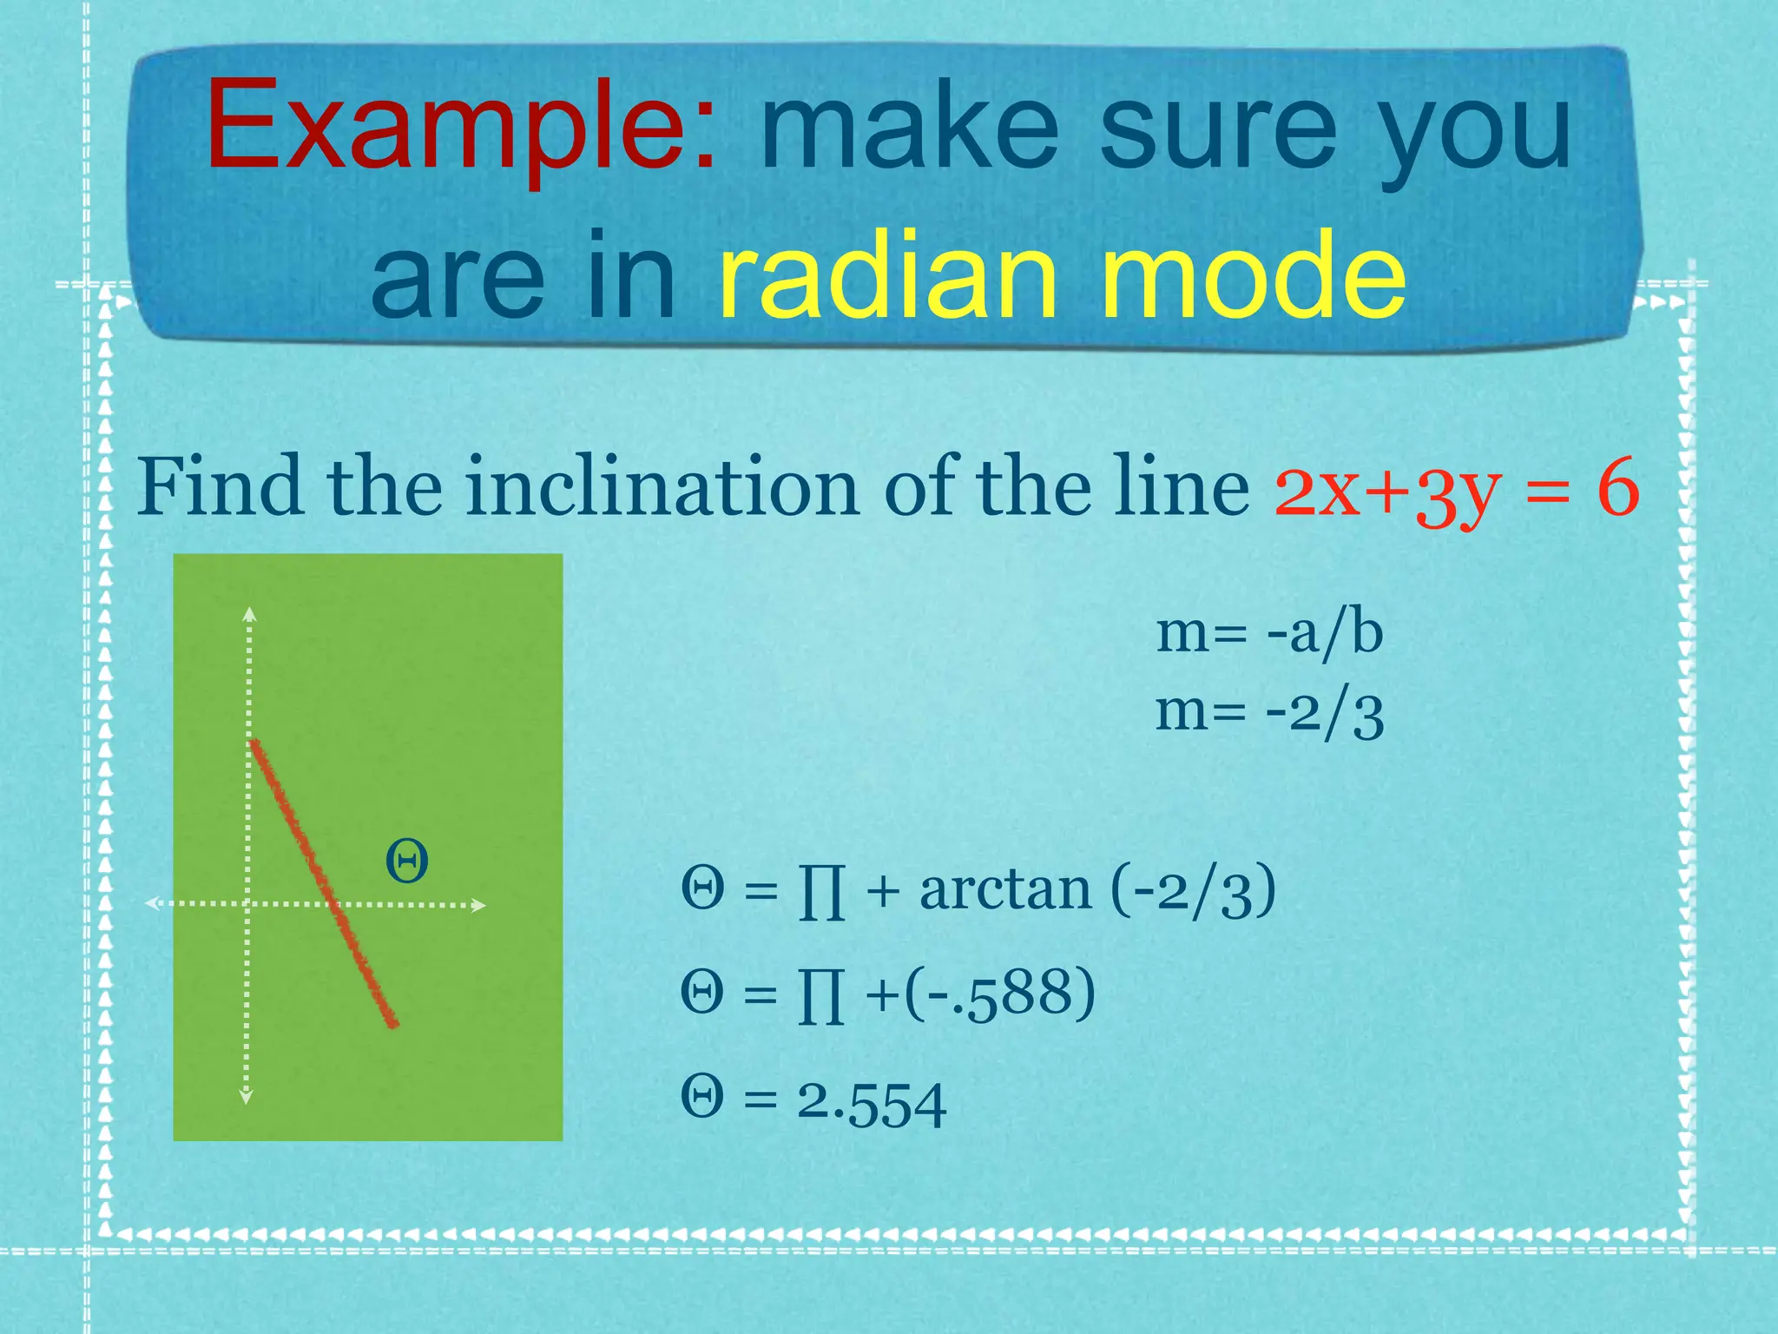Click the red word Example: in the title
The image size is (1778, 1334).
[461, 127]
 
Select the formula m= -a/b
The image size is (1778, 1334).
[1269, 634]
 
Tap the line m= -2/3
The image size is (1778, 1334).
[1269, 714]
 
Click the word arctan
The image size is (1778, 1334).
[1004, 891]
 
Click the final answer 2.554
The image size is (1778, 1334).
[872, 1103]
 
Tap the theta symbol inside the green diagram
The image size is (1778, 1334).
[406, 862]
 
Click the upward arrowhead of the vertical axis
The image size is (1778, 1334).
[249, 614]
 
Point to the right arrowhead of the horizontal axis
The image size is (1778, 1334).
[478, 906]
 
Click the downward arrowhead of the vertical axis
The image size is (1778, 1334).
[247, 1097]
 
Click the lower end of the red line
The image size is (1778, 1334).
[392, 1023]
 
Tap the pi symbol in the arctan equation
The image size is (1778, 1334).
[820, 894]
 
